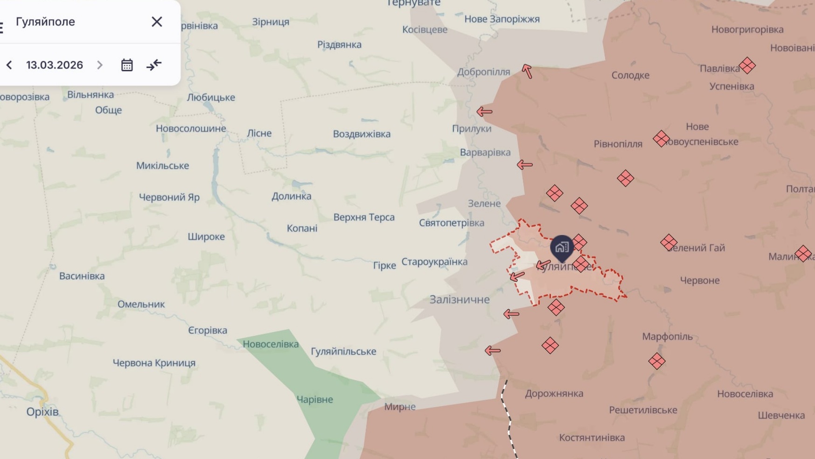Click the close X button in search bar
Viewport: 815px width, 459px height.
pos(157,22)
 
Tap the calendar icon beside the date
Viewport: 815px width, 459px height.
pos(127,65)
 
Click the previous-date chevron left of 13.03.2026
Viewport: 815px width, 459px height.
pos(9,65)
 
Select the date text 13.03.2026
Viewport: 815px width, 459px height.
pos(55,65)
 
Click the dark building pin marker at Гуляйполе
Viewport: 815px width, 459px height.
pos(562,247)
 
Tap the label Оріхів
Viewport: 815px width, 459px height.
pos(42,412)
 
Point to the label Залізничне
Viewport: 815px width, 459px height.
pos(460,299)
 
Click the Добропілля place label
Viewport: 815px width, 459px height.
pos(483,72)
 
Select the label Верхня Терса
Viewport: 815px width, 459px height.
pos(364,217)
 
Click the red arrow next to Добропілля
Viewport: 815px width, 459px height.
pos(527,71)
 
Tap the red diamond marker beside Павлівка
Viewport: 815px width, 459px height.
pos(747,66)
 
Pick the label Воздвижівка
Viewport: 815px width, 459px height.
pos(362,134)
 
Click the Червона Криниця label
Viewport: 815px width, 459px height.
pos(154,363)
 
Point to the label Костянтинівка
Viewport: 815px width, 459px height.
pos(592,438)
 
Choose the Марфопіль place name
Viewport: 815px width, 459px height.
pos(667,337)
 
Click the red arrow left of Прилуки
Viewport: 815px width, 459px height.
pos(485,111)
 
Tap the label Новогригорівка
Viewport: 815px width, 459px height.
pos(747,30)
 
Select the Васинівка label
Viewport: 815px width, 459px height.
pos(82,276)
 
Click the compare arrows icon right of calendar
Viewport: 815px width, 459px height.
pos(154,65)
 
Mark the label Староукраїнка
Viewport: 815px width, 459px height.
pos(434,262)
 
